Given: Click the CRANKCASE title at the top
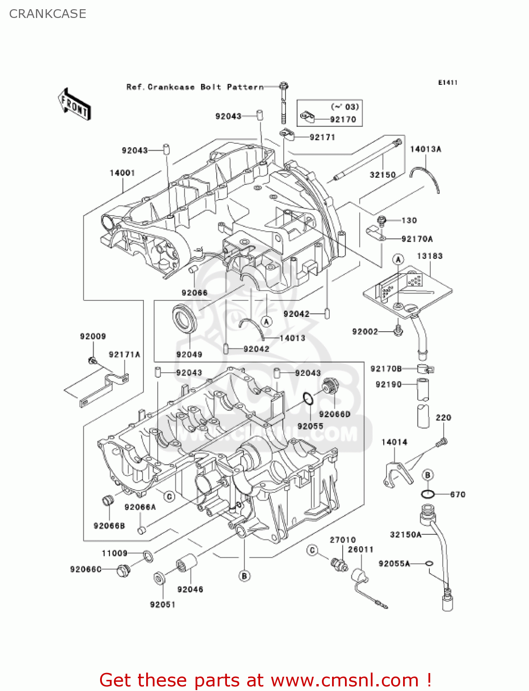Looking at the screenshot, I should click(x=48, y=14).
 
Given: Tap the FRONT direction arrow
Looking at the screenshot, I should click(x=74, y=105).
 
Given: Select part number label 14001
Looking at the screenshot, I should click(x=122, y=173).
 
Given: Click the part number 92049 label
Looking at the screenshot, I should click(x=189, y=354).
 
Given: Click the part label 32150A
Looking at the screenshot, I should click(x=405, y=534).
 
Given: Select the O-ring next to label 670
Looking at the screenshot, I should click(x=428, y=494).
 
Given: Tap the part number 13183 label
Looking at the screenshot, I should click(x=429, y=256).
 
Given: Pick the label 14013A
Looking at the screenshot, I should click(x=425, y=149).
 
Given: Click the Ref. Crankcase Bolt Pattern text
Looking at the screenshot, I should click(x=195, y=87).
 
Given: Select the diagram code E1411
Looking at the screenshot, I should click(x=447, y=82).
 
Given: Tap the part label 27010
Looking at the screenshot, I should click(x=342, y=539).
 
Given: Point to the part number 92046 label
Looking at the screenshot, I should click(x=190, y=589).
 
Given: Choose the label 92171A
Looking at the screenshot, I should click(x=124, y=354).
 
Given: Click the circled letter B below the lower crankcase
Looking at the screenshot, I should click(x=244, y=576).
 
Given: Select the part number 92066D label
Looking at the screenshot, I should click(x=334, y=414).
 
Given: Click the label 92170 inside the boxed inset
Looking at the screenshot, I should click(x=343, y=119).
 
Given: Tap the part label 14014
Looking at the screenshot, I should click(x=394, y=442).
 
